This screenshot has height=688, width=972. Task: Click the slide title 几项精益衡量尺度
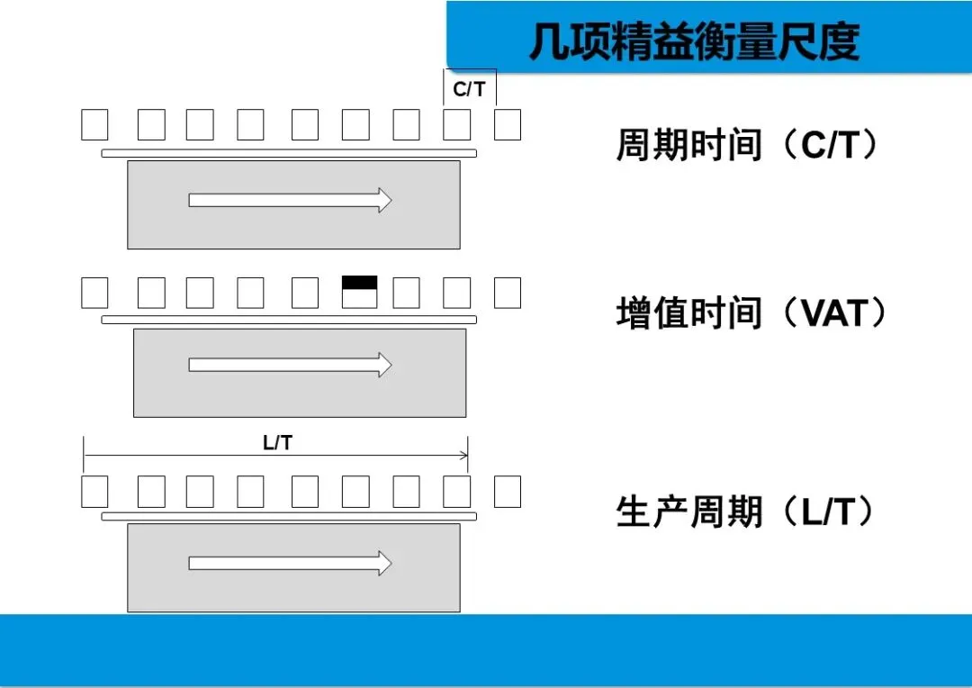point(694,41)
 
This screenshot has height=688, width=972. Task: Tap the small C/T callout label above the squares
point(469,89)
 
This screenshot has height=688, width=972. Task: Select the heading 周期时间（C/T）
point(746,145)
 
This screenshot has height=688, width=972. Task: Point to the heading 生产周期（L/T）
point(746,512)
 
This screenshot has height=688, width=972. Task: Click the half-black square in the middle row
point(360,293)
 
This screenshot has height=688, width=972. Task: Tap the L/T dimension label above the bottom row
point(277,442)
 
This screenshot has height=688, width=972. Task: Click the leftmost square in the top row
point(94,125)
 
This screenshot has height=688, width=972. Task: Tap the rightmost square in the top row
point(508,125)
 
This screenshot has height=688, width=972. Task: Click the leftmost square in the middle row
point(94,293)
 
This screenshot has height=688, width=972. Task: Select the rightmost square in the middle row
point(508,293)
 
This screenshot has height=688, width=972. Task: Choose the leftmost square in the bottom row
point(94,492)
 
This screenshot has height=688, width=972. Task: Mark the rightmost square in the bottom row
point(508,492)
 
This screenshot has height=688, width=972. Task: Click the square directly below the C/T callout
point(457,125)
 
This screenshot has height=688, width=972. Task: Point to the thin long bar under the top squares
point(289,154)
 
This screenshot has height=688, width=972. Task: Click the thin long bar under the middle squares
point(289,320)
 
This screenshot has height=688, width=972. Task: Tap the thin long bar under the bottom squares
point(289,517)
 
